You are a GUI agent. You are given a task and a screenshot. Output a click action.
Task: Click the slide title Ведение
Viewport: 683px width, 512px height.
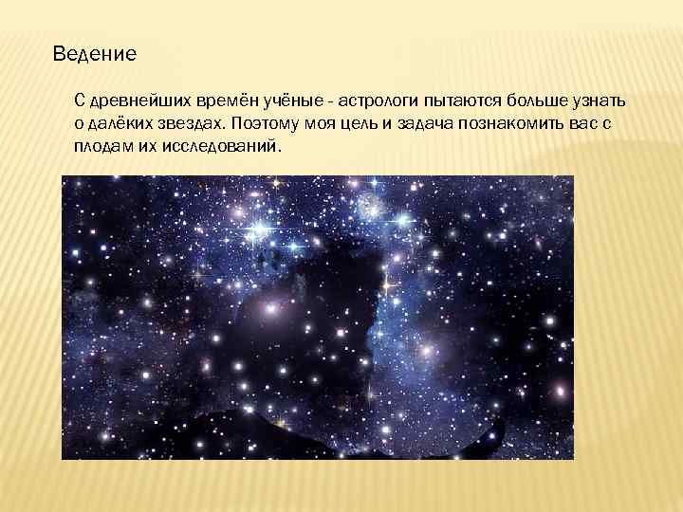(95, 53)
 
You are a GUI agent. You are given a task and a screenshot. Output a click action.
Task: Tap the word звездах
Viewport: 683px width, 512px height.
(190, 125)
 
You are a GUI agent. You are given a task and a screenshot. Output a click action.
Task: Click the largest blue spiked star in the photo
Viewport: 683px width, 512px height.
(258, 229)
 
